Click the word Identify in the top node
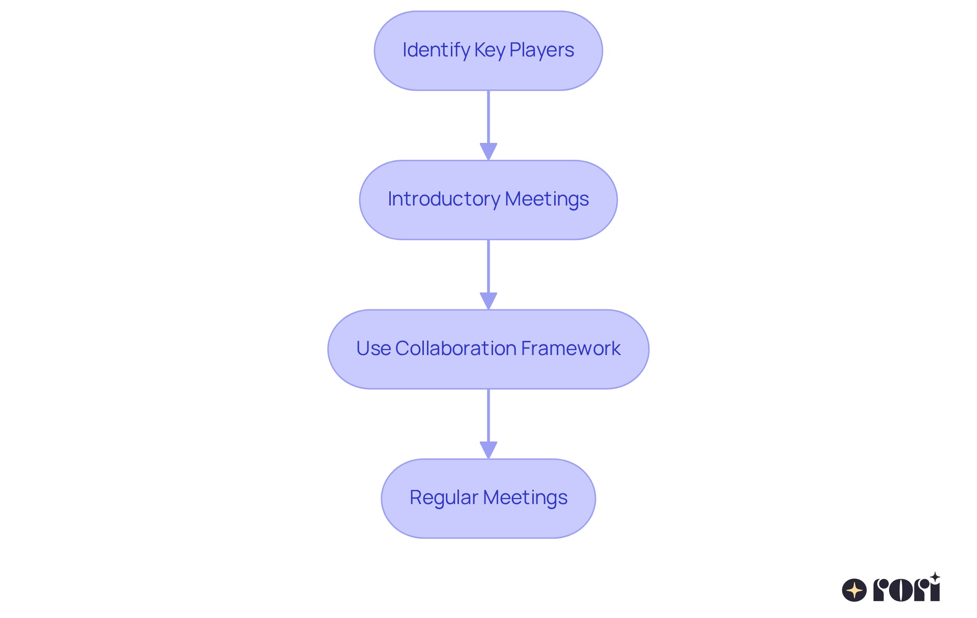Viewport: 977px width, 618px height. click(436, 50)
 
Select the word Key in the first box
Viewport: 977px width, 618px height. click(490, 50)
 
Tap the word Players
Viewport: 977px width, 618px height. click(541, 50)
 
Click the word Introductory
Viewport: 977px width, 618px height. click(444, 199)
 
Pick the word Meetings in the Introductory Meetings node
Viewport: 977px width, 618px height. click(547, 199)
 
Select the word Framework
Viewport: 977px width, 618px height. click(570, 348)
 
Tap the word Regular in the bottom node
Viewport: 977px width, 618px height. click(444, 497)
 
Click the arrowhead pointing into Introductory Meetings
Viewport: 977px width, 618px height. click(489, 152)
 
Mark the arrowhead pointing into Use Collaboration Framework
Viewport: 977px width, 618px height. click(489, 301)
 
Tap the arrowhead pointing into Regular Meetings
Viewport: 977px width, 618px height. click(489, 450)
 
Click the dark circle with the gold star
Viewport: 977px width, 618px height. click(854, 590)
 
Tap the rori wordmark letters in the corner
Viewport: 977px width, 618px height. click(906, 590)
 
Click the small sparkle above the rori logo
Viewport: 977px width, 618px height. click(935, 577)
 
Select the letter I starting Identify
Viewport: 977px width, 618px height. click(405, 50)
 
